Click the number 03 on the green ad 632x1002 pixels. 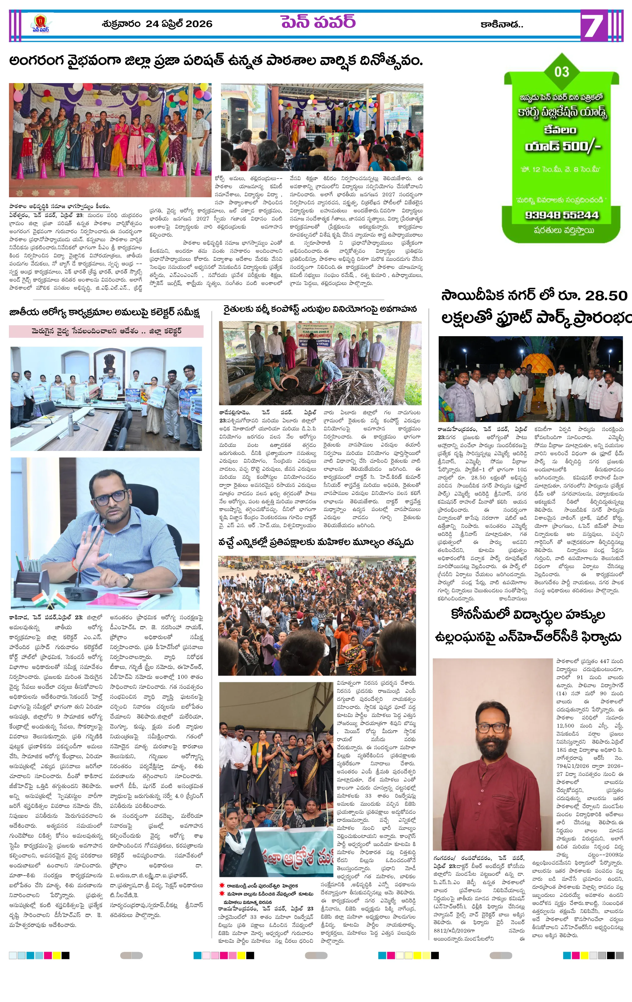[x=561, y=72]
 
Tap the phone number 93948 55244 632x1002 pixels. [x=561, y=215]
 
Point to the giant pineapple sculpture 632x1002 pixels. [x=536, y=364]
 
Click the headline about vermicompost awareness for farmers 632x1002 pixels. [x=320, y=310]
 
